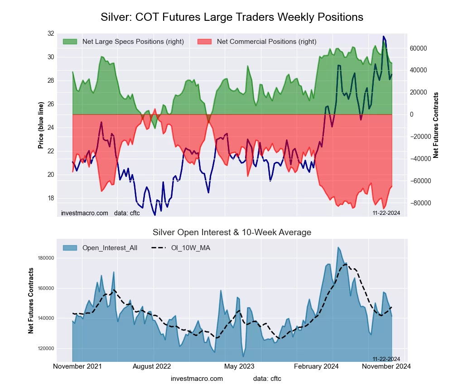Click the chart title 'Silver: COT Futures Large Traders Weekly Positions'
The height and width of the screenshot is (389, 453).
[231, 17]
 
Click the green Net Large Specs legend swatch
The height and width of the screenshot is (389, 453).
[70, 42]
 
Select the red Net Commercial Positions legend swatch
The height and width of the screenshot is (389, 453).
[205, 42]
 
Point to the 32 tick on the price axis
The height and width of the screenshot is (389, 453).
[50, 33]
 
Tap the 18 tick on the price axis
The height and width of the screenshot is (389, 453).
[50, 198]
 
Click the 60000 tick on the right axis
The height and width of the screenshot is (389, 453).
[419, 48]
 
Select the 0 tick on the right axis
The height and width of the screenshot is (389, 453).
[412, 114]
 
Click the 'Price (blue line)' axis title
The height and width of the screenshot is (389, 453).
[41, 125]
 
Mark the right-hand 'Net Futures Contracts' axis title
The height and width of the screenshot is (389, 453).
[436, 125]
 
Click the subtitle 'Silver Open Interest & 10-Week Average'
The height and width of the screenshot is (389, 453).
[232, 232]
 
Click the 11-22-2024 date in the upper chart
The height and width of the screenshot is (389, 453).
[386, 213]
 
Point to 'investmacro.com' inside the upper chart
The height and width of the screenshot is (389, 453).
[84, 213]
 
